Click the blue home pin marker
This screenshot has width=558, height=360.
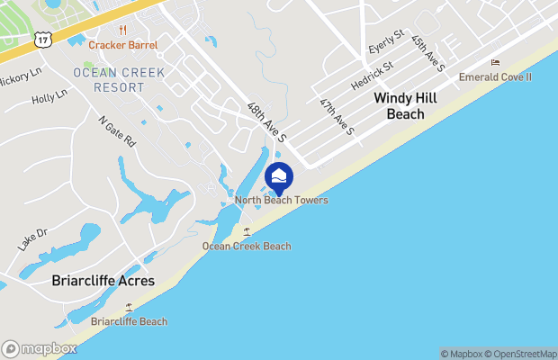coord(279,177)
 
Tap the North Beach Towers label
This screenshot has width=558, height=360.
coord(281,200)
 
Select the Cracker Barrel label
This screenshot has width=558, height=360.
coord(122,45)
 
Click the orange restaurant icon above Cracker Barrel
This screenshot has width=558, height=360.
coord(122,29)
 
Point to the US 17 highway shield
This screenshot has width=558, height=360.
coord(41,40)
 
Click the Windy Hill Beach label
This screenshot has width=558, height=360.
coord(405,105)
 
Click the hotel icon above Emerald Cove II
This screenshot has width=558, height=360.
coord(495,62)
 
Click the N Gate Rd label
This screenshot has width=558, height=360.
coord(117,129)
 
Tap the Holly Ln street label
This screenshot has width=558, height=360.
coord(49,96)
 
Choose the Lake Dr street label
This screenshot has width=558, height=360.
coord(31,238)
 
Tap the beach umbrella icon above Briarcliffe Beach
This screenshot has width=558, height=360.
coord(129,307)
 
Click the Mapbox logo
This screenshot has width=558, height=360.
coord(39,348)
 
